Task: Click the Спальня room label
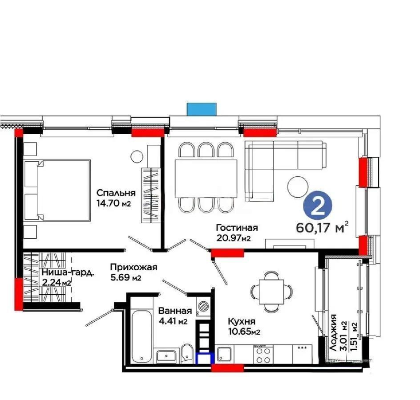point(116,193)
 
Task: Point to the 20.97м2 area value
point(234,238)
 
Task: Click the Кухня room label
point(241,321)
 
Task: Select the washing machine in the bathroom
point(203,305)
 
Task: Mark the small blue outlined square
point(205,358)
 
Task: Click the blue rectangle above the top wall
point(202,109)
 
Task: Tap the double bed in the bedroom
point(57,190)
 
